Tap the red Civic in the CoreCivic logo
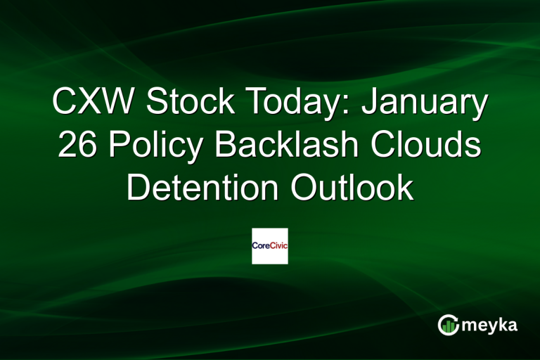click(x=278, y=246)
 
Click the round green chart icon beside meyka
click(x=447, y=325)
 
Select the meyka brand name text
click(x=491, y=326)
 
